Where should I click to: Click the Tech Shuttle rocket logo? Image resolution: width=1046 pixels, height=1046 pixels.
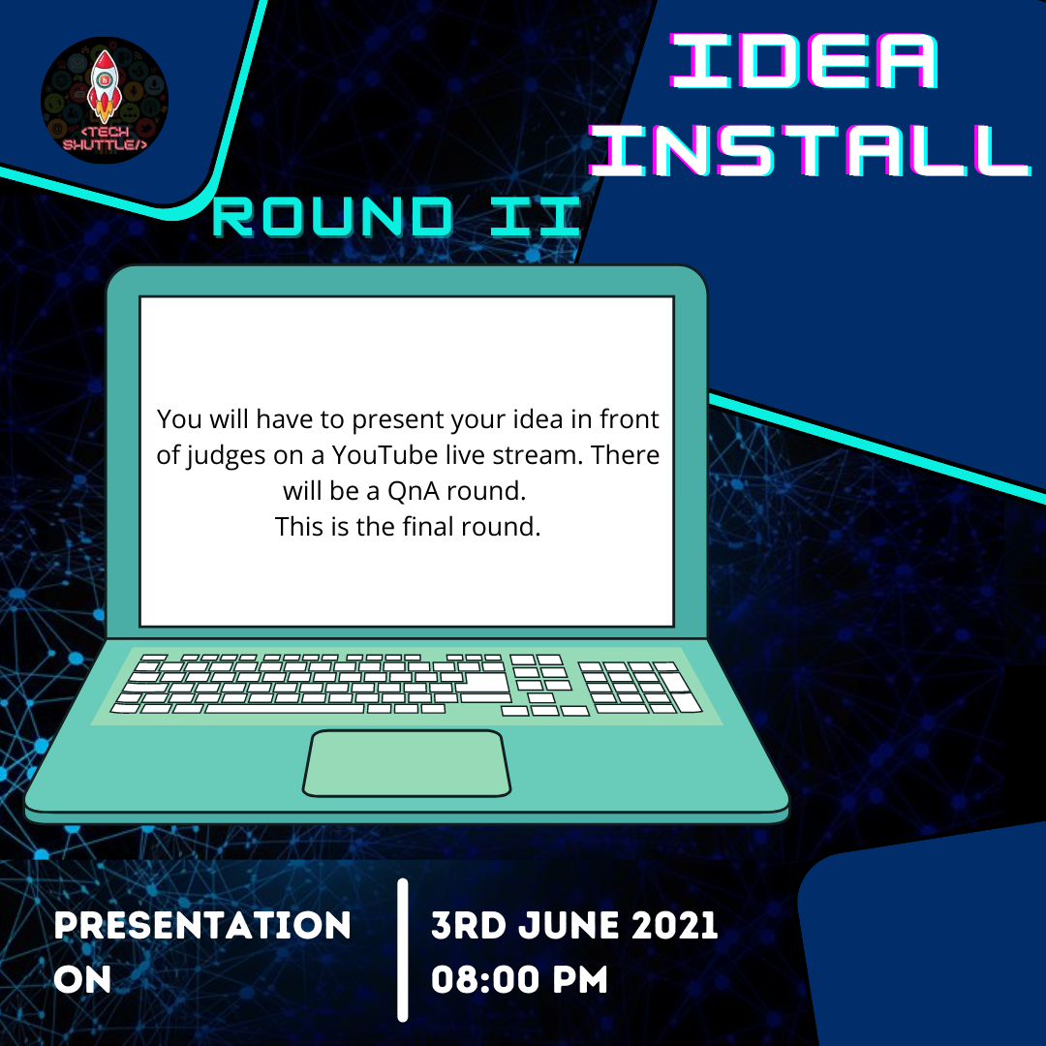coord(105,100)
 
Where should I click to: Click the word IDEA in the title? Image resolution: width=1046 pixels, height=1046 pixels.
coord(805,61)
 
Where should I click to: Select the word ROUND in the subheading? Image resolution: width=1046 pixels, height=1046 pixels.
coord(332,217)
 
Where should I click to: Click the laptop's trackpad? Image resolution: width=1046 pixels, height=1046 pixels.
coord(406,763)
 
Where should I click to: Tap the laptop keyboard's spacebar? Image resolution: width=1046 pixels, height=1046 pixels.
coord(285,708)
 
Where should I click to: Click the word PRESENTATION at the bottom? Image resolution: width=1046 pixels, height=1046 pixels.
coord(202,925)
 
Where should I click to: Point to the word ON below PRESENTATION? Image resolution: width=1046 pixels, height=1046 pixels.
coord(82,979)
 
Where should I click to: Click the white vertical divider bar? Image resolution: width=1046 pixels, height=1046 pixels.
coord(402,950)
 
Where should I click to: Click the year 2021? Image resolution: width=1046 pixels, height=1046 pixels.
coord(674,925)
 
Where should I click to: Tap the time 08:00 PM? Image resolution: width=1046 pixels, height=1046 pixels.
coord(519,979)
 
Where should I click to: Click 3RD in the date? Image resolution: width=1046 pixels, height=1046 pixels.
coord(469,925)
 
